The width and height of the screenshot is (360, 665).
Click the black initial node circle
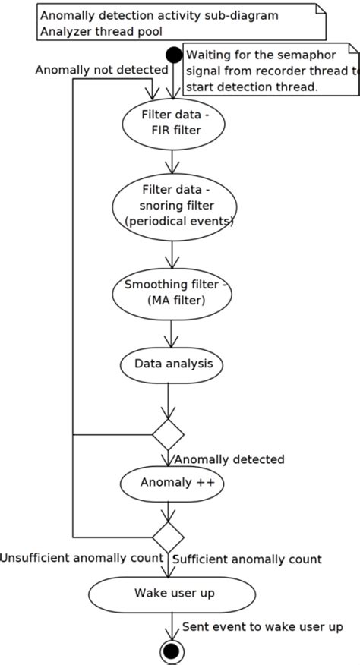(x=174, y=55)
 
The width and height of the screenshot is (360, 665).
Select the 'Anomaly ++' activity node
(x=172, y=483)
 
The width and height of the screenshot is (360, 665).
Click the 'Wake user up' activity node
(x=172, y=594)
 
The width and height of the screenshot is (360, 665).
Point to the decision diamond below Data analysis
(x=168, y=434)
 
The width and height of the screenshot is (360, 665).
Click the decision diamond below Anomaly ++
(x=168, y=536)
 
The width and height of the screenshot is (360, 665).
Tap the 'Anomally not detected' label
(x=101, y=70)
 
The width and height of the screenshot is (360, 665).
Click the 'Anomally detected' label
(x=229, y=459)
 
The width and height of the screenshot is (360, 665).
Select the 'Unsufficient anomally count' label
(x=82, y=559)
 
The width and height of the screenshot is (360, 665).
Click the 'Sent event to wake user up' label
(x=263, y=626)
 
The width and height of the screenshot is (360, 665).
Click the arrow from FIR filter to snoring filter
(x=172, y=161)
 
